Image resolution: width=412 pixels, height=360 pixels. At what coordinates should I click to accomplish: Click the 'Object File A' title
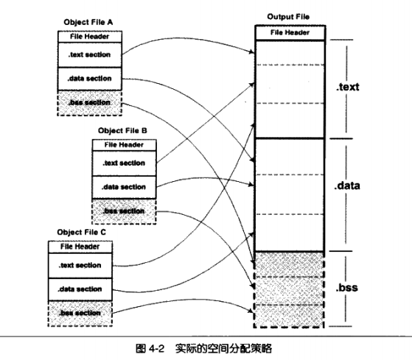point(88,22)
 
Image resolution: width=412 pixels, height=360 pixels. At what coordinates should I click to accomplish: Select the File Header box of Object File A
point(90,37)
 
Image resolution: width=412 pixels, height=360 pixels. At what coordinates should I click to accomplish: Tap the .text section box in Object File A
point(90,54)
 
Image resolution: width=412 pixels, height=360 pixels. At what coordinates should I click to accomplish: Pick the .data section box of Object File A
point(90,79)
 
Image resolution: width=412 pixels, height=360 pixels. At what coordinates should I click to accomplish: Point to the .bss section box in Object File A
point(90,103)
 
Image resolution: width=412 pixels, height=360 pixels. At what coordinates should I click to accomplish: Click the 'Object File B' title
point(122,130)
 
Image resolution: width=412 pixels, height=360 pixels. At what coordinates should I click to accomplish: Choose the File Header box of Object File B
point(125,145)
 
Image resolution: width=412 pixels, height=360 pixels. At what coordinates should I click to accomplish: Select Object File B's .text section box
point(125,163)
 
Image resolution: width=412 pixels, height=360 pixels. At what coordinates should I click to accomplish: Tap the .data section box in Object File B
point(125,187)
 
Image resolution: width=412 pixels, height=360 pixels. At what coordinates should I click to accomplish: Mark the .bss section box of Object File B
point(125,211)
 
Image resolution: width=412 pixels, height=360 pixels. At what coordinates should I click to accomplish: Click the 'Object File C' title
point(82,232)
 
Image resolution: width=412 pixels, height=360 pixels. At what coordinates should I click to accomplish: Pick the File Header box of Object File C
point(80,247)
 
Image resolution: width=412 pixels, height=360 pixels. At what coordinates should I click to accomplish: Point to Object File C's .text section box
point(80,266)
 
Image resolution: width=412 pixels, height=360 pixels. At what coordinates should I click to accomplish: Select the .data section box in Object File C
point(80,289)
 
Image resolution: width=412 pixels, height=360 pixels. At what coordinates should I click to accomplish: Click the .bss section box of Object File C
point(80,314)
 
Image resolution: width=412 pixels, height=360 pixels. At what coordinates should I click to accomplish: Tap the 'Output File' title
point(288,17)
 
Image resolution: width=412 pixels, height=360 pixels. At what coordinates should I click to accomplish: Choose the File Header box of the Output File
point(290,33)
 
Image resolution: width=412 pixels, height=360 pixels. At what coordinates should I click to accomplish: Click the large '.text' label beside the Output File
point(347,87)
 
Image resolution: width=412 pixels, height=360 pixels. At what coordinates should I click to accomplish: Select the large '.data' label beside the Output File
point(347,186)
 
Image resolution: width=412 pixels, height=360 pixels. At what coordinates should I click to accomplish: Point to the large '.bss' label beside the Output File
point(346,288)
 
